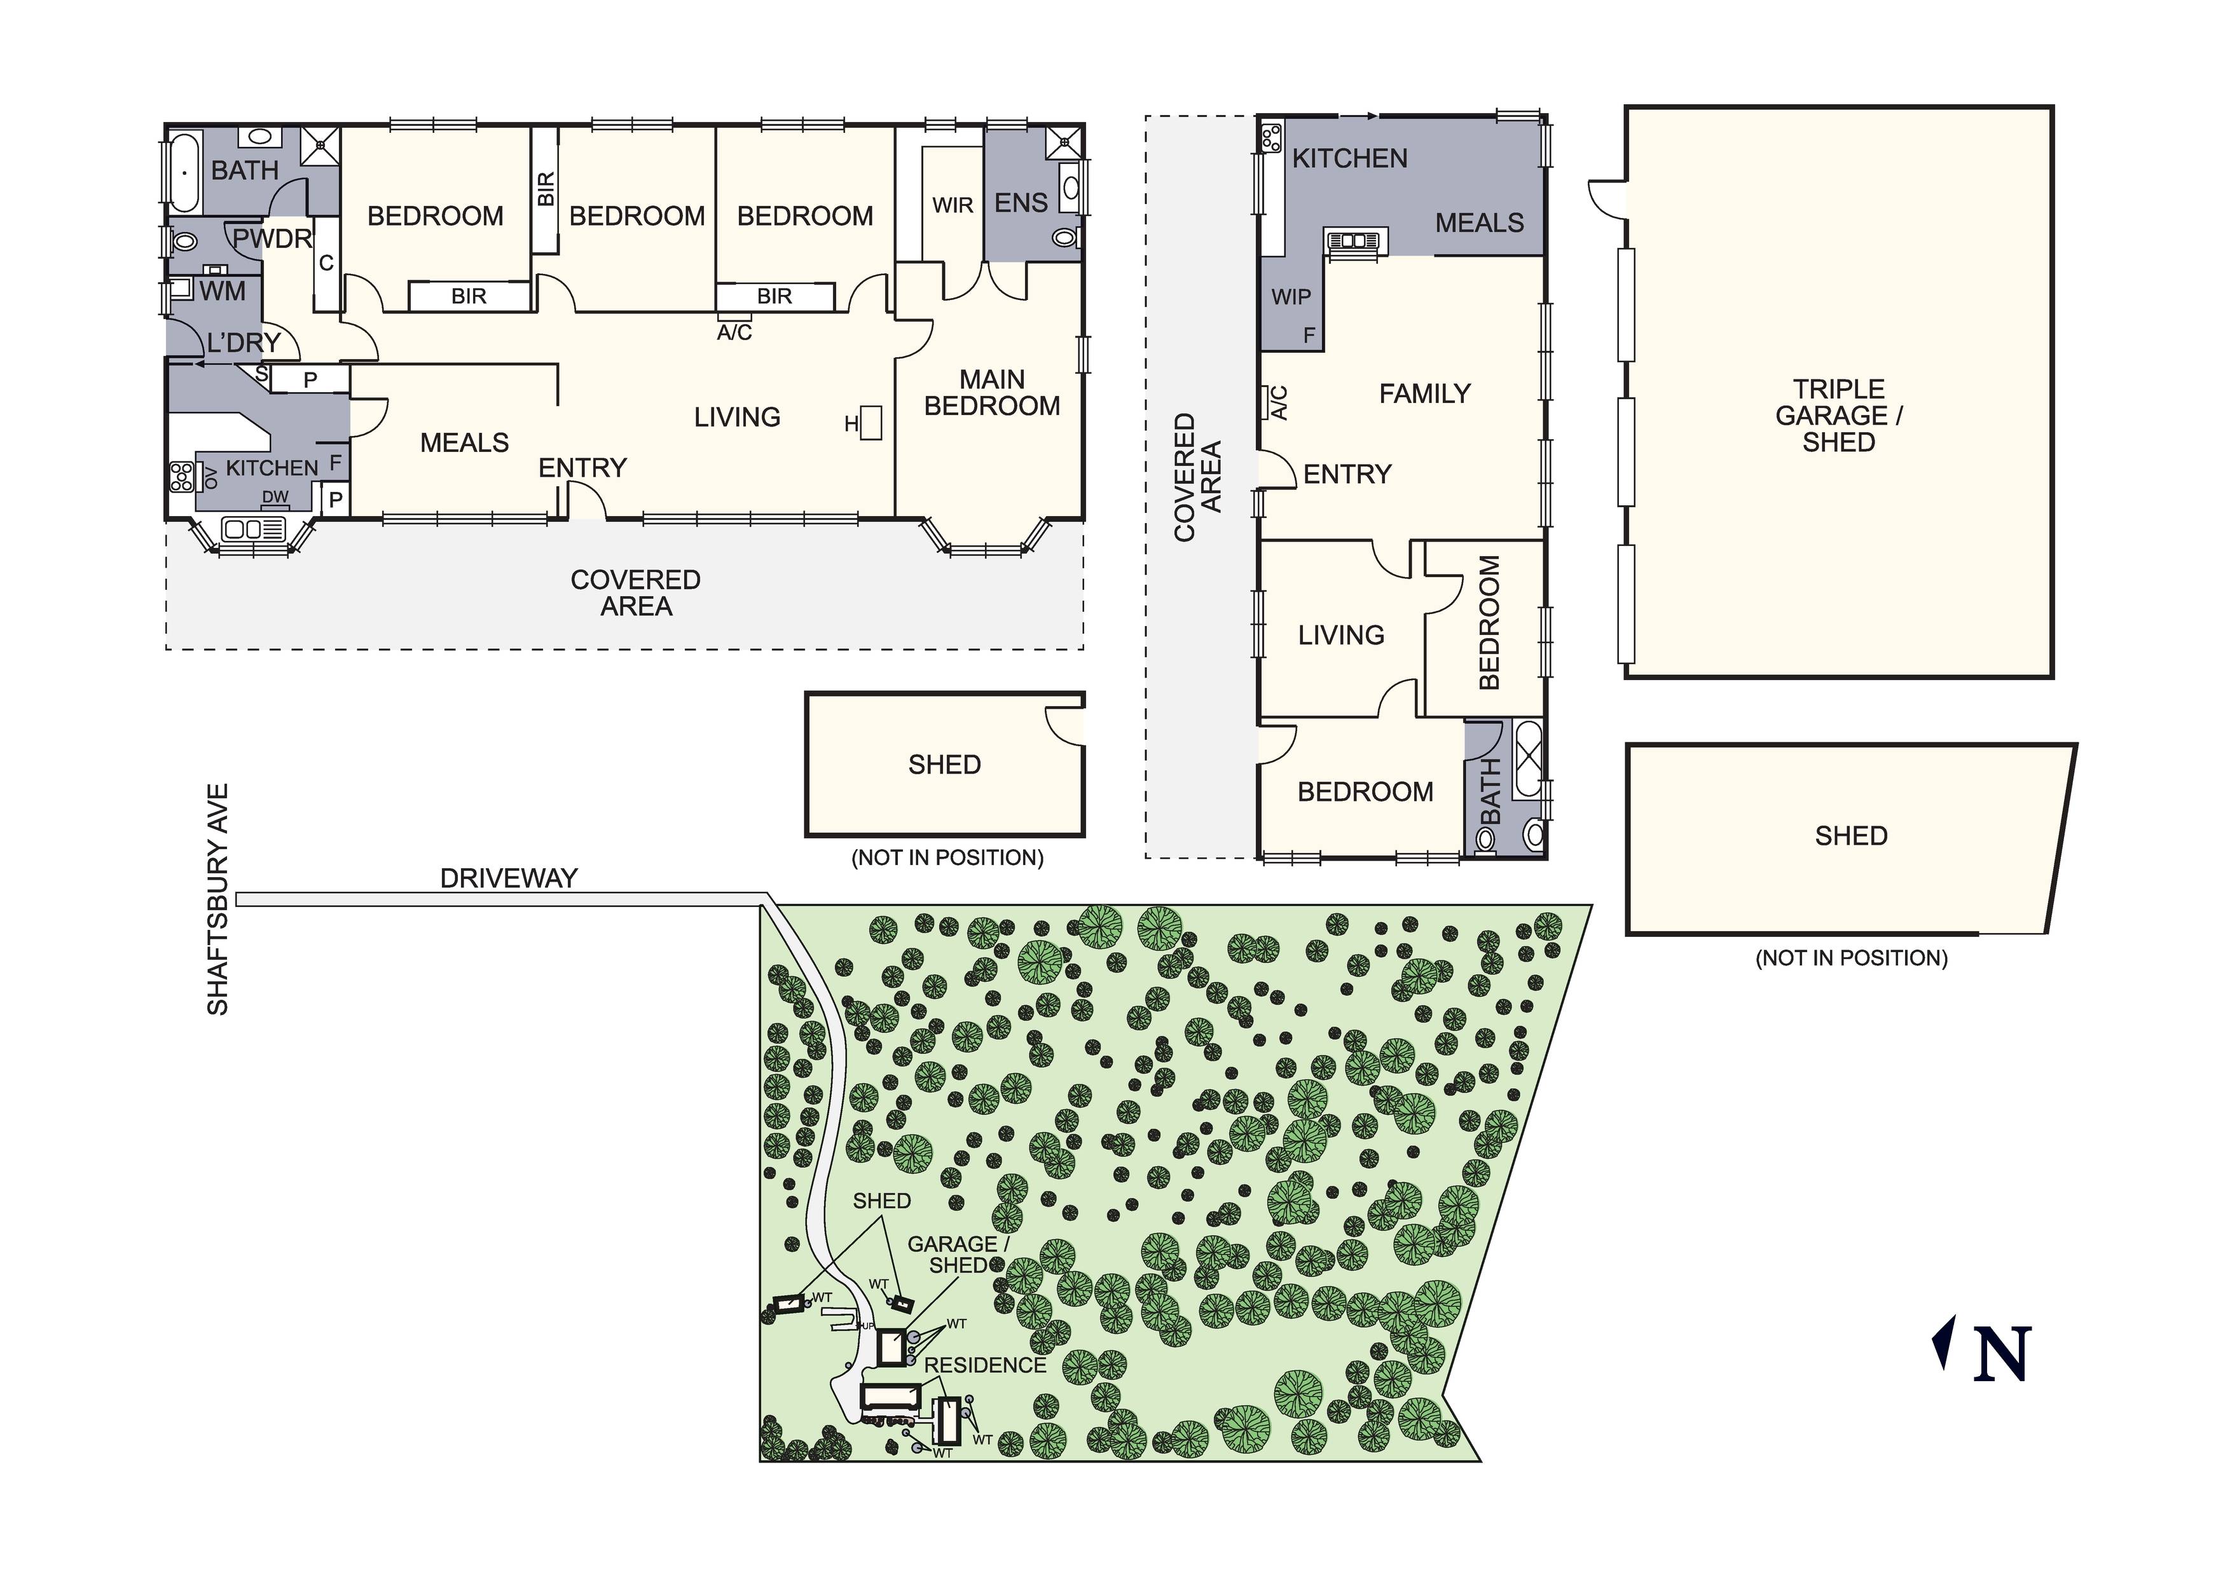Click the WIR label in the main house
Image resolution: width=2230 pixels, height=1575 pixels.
pos(952,206)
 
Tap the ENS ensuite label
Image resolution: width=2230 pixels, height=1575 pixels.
pos(1021,203)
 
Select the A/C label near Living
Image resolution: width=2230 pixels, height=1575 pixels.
pos(734,333)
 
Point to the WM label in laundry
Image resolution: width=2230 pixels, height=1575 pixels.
pos(223,291)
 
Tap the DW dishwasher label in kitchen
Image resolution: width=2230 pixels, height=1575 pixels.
pos(276,497)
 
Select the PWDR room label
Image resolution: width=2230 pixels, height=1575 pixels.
pos(272,239)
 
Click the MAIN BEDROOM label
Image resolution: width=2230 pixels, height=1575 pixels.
pos(992,393)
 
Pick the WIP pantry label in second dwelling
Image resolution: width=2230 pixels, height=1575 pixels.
pos(1291,297)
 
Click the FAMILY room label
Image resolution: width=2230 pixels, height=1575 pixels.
pos(1425,394)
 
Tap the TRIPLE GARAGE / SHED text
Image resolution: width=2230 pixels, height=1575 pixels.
pos(1838,416)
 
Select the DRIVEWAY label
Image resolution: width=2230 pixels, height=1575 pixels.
pos(509,879)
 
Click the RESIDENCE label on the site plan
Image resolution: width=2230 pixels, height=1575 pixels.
pos(985,1365)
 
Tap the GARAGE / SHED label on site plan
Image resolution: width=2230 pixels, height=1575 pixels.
pos(959,1255)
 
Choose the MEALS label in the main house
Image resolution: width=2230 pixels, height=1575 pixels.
pos(464,444)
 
